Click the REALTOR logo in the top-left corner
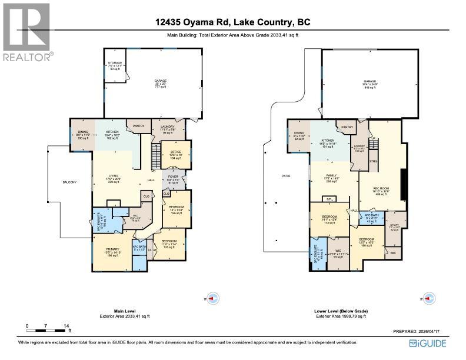click(26, 32)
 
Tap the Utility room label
click(394, 225)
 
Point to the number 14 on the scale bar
click(66, 325)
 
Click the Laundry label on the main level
click(165, 125)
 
